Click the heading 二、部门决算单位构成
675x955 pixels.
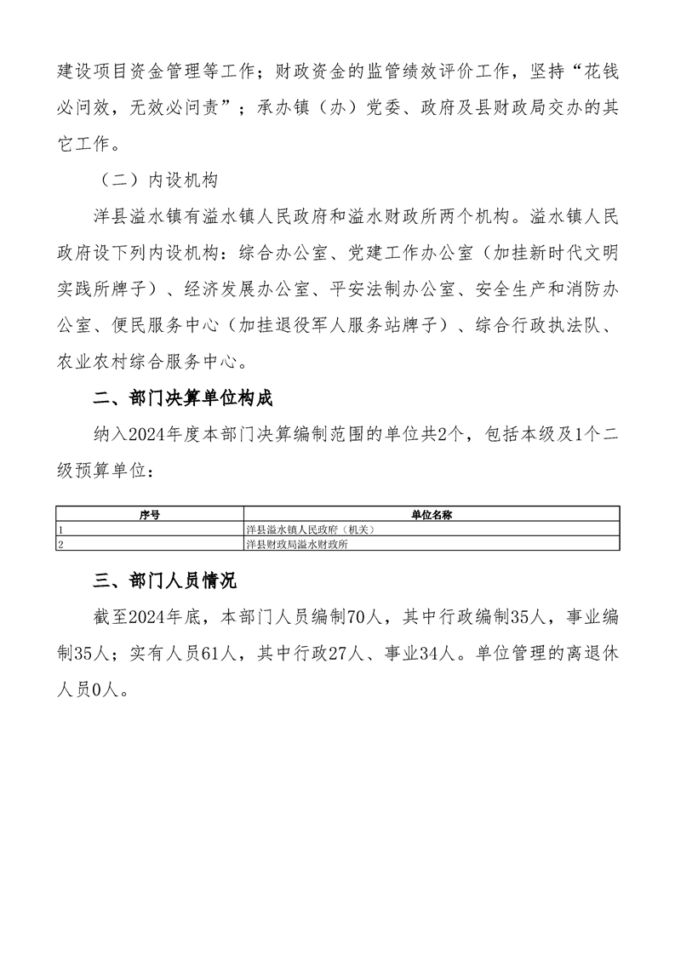click(x=182, y=399)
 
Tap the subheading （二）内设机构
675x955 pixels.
click(x=159, y=180)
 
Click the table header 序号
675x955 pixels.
click(x=150, y=515)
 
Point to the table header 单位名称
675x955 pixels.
click(x=431, y=515)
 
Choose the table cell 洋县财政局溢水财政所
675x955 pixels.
click(x=296, y=544)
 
